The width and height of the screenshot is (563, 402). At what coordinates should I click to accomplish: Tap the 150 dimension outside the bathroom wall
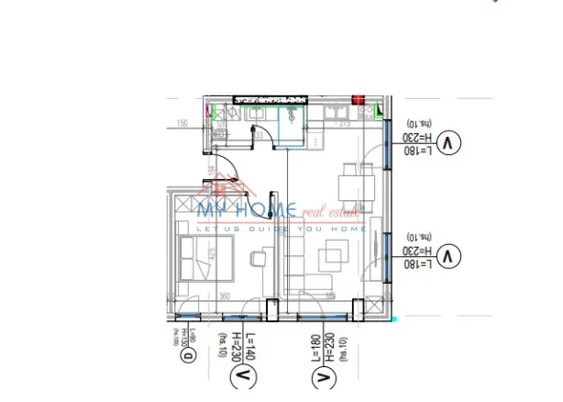[x=182, y=123]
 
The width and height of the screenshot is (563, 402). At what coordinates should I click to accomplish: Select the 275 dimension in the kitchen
[x=344, y=123]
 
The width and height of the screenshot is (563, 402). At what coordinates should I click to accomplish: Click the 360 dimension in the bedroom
[x=225, y=296]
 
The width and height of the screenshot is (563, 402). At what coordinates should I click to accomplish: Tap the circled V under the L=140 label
[x=244, y=375]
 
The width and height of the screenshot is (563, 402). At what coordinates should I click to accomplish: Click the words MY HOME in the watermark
[x=248, y=211]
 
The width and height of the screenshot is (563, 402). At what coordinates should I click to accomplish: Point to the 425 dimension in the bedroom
[x=213, y=253]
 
